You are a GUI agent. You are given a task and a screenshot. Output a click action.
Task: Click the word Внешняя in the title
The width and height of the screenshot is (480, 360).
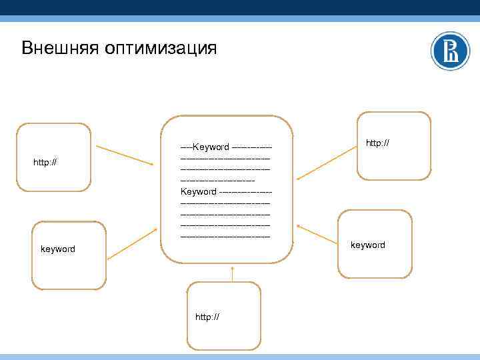59,49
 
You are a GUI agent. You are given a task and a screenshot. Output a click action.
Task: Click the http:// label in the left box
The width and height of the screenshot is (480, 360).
45,162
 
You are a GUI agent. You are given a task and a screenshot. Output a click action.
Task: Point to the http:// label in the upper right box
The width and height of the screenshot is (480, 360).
377,143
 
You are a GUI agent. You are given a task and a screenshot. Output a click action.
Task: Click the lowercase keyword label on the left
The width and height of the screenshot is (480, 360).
58,249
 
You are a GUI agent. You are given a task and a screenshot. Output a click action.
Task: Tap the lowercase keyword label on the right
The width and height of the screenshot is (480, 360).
367,245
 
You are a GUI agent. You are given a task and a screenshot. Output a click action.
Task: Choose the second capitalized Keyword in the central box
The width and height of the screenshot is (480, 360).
199,191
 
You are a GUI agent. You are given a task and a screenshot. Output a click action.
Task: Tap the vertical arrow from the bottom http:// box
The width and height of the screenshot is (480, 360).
233,275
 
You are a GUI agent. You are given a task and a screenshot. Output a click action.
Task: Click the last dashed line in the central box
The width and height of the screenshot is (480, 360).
225,236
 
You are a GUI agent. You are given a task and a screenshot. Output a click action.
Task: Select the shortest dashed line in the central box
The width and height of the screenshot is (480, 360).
217,180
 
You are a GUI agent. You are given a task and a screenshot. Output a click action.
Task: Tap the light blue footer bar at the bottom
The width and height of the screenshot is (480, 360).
240,357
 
